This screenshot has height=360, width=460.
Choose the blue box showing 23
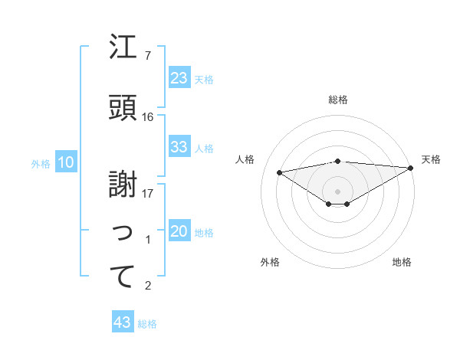179,78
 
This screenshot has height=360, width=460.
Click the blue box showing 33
179,147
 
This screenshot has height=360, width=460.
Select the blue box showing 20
179,232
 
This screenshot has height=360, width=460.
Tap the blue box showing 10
65,162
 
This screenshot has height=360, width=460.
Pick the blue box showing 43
123,322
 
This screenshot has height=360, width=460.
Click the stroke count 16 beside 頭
148,117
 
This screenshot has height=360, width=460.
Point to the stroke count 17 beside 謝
148,193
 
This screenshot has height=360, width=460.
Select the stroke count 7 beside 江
148,56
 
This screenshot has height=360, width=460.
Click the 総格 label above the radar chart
338,100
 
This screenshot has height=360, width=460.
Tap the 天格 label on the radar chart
431,159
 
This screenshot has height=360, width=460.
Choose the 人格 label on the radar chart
245,159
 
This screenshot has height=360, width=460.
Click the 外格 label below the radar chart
270,262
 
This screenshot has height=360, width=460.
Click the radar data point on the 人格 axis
280,172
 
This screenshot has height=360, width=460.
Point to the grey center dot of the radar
337,190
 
